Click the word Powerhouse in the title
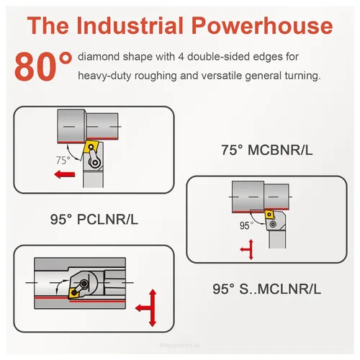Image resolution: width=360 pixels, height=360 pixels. pyautogui.click(x=262, y=25)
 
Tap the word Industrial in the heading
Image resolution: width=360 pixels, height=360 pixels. pyautogui.click(x=130, y=25)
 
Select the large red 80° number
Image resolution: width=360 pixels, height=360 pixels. pyautogui.click(x=43, y=66)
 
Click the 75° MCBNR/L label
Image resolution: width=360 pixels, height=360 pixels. pyautogui.click(x=267, y=150)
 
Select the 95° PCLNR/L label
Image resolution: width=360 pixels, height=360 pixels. pyautogui.click(x=94, y=219)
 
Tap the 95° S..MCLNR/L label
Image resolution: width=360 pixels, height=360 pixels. pyautogui.click(x=266, y=289)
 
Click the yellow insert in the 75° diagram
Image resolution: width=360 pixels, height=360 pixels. pyautogui.click(x=91, y=146)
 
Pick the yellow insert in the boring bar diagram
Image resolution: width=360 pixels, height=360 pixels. pyautogui.click(x=74, y=292)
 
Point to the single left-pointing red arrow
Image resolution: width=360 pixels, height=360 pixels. pyautogui.click(x=65, y=174)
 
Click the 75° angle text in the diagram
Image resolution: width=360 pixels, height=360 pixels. pyautogui.click(x=63, y=160)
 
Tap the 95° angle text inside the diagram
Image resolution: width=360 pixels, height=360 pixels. pyautogui.click(x=246, y=225)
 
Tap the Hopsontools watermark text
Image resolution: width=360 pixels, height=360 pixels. pyautogui.click(x=179, y=345)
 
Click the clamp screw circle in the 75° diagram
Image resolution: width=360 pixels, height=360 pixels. pyautogui.click(x=95, y=163)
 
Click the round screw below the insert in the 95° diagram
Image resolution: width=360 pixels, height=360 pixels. pyautogui.click(x=273, y=225)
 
